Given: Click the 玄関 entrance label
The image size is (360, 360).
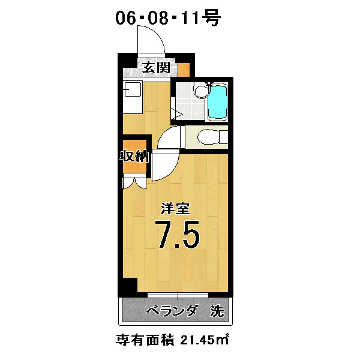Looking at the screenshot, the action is [x=157, y=67].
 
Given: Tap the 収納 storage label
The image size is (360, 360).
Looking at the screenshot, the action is [x=134, y=157].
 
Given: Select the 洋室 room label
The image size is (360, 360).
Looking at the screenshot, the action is [x=175, y=208].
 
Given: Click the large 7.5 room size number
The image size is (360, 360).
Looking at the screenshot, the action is [x=177, y=235].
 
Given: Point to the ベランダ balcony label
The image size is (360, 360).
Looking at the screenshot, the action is [x=172, y=311].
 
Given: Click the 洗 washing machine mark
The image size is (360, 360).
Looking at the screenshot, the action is [x=217, y=311].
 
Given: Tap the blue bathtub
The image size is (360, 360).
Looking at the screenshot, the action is [x=217, y=102].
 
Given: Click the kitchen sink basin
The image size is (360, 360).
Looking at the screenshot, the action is [x=133, y=89].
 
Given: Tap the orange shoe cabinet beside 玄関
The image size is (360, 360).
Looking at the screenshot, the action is [x=184, y=70].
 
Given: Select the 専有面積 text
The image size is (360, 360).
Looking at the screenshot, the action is [x=145, y=340].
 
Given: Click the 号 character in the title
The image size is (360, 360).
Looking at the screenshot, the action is [x=212, y=17].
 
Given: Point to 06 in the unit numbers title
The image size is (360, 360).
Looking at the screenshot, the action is [x=125, y=17].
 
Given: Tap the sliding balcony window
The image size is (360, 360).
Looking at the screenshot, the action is [x=178, y=295].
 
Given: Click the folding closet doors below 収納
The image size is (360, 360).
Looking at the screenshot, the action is [x=134, y=183].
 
